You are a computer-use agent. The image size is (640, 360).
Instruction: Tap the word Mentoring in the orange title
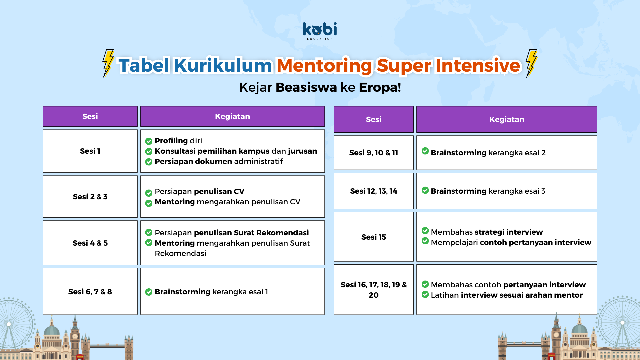point(324,65)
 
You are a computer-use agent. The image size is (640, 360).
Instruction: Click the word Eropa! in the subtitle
point(380,87)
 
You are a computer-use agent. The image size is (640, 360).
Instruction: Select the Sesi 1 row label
point(90,151)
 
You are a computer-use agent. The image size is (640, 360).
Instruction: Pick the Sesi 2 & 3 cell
point(90,197)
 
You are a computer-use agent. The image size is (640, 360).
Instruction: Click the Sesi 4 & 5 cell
point(90,243)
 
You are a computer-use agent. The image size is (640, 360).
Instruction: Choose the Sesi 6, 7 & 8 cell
point(90,292)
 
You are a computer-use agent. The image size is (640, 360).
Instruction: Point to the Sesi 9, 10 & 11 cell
point(374,153)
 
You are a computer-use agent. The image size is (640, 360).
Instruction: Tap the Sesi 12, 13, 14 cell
point(374,191)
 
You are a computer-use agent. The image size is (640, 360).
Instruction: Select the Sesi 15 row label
point(374,237)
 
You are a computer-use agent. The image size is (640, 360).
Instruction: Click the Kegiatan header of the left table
point(232,116)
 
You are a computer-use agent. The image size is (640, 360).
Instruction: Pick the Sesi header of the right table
point(374,119)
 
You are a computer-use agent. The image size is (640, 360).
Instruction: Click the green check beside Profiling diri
point(149,141)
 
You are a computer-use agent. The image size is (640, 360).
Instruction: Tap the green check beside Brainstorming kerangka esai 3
point(425,190)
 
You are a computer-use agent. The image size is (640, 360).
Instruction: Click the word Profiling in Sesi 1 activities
point(171,141)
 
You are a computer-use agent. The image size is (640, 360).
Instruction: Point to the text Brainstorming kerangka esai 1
point(211,292)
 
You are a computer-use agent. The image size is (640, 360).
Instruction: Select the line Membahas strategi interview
point(487,232)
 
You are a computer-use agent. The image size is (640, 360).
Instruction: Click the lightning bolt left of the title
point(108,64)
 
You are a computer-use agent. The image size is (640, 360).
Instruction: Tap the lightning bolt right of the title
point(531,64)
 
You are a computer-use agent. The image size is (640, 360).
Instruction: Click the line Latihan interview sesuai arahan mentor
point(507,295)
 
